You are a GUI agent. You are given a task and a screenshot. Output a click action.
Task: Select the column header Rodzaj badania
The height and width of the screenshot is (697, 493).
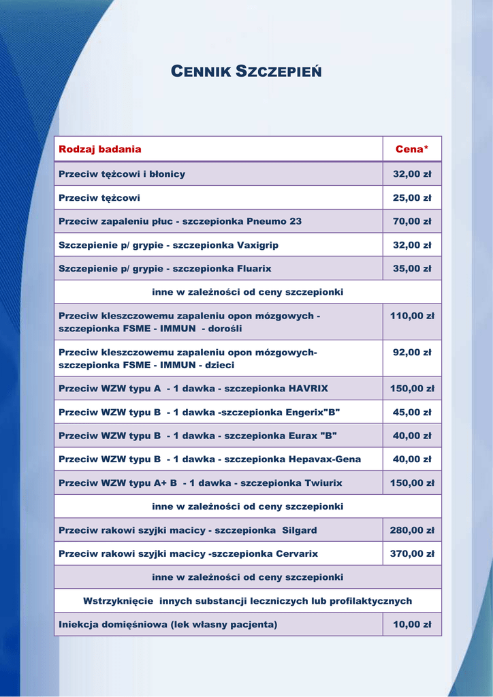click(100, 149)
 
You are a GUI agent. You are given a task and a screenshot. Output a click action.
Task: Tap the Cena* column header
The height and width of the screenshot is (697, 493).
click(412, 149)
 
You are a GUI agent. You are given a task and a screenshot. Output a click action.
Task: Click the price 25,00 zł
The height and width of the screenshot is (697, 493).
click(412, 198)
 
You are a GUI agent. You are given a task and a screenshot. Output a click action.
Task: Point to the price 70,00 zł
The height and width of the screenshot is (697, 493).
click(412, 221)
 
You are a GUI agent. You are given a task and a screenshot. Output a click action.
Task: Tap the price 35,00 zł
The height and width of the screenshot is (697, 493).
click(412, 269)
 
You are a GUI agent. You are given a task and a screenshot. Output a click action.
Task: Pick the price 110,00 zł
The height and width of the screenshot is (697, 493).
click(412, 316)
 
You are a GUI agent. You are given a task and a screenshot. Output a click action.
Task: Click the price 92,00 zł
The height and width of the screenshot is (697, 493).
click(412, 353)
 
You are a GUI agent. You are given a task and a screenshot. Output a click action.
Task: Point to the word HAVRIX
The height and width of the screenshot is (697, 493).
click(308, 389)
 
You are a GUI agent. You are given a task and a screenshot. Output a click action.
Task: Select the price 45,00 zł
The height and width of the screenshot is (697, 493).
click(412, 412)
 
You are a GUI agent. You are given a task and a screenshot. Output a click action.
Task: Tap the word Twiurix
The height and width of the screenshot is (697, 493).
click(320, 483)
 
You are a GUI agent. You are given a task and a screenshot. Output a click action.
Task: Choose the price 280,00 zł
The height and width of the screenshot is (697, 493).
click(412, 530)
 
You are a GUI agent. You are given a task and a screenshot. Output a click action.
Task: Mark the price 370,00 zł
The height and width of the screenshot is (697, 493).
click(412, 554)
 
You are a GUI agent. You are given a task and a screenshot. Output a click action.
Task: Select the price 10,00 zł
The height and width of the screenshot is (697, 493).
click(412, 624)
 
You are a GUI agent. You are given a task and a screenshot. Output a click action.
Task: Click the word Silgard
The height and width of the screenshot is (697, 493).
click(299, 530)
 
